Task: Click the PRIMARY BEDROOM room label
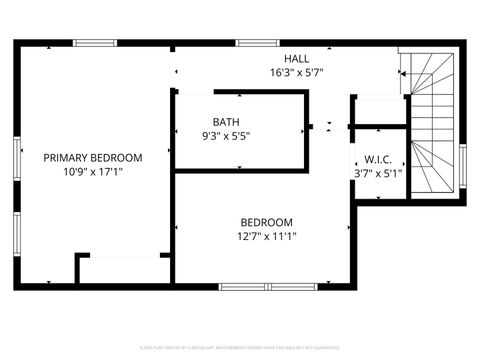pos(92,157)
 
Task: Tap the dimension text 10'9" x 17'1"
pos(92,171)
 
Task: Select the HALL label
pos(296,59)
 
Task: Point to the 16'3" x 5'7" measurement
pos(296,73)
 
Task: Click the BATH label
pos(225,122)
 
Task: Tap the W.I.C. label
pos(377,158)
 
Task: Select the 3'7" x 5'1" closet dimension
pos(377,172)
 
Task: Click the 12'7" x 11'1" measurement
pos(266,236)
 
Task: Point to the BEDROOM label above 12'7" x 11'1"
pos(266,222)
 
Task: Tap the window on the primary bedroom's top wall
pos(95,42)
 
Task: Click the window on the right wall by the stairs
pos(462,166)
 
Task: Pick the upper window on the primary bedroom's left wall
pos(16,158)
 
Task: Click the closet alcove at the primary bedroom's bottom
pos(125,270)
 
